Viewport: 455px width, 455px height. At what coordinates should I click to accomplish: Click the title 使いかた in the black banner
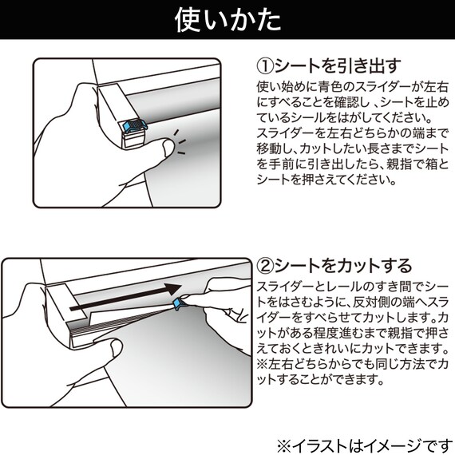(x=227, y=21)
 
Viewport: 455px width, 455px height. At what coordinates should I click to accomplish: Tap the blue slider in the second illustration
(x=180, y=305)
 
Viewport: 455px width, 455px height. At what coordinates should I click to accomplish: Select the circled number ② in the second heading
(x=264, y=265)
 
